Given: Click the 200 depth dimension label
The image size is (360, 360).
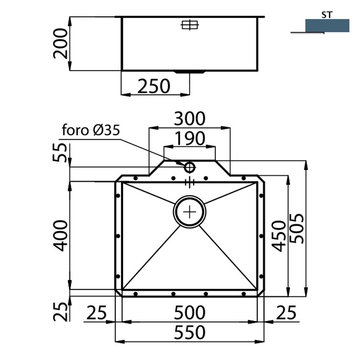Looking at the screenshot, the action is point(61,43).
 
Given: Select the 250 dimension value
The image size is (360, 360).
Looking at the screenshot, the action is point(154,86).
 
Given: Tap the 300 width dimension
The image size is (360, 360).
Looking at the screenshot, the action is point(189,119).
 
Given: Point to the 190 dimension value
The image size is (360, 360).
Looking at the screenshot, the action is point(190,138).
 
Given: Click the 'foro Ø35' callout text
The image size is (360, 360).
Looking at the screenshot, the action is point(91,130).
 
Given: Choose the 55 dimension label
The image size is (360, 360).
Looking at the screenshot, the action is point(60,152).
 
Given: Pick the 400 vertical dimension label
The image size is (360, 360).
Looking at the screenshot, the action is point(61,235).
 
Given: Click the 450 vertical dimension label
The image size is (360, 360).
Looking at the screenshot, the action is point(278,236).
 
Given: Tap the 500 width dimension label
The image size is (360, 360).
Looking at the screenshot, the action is point(189,313).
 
